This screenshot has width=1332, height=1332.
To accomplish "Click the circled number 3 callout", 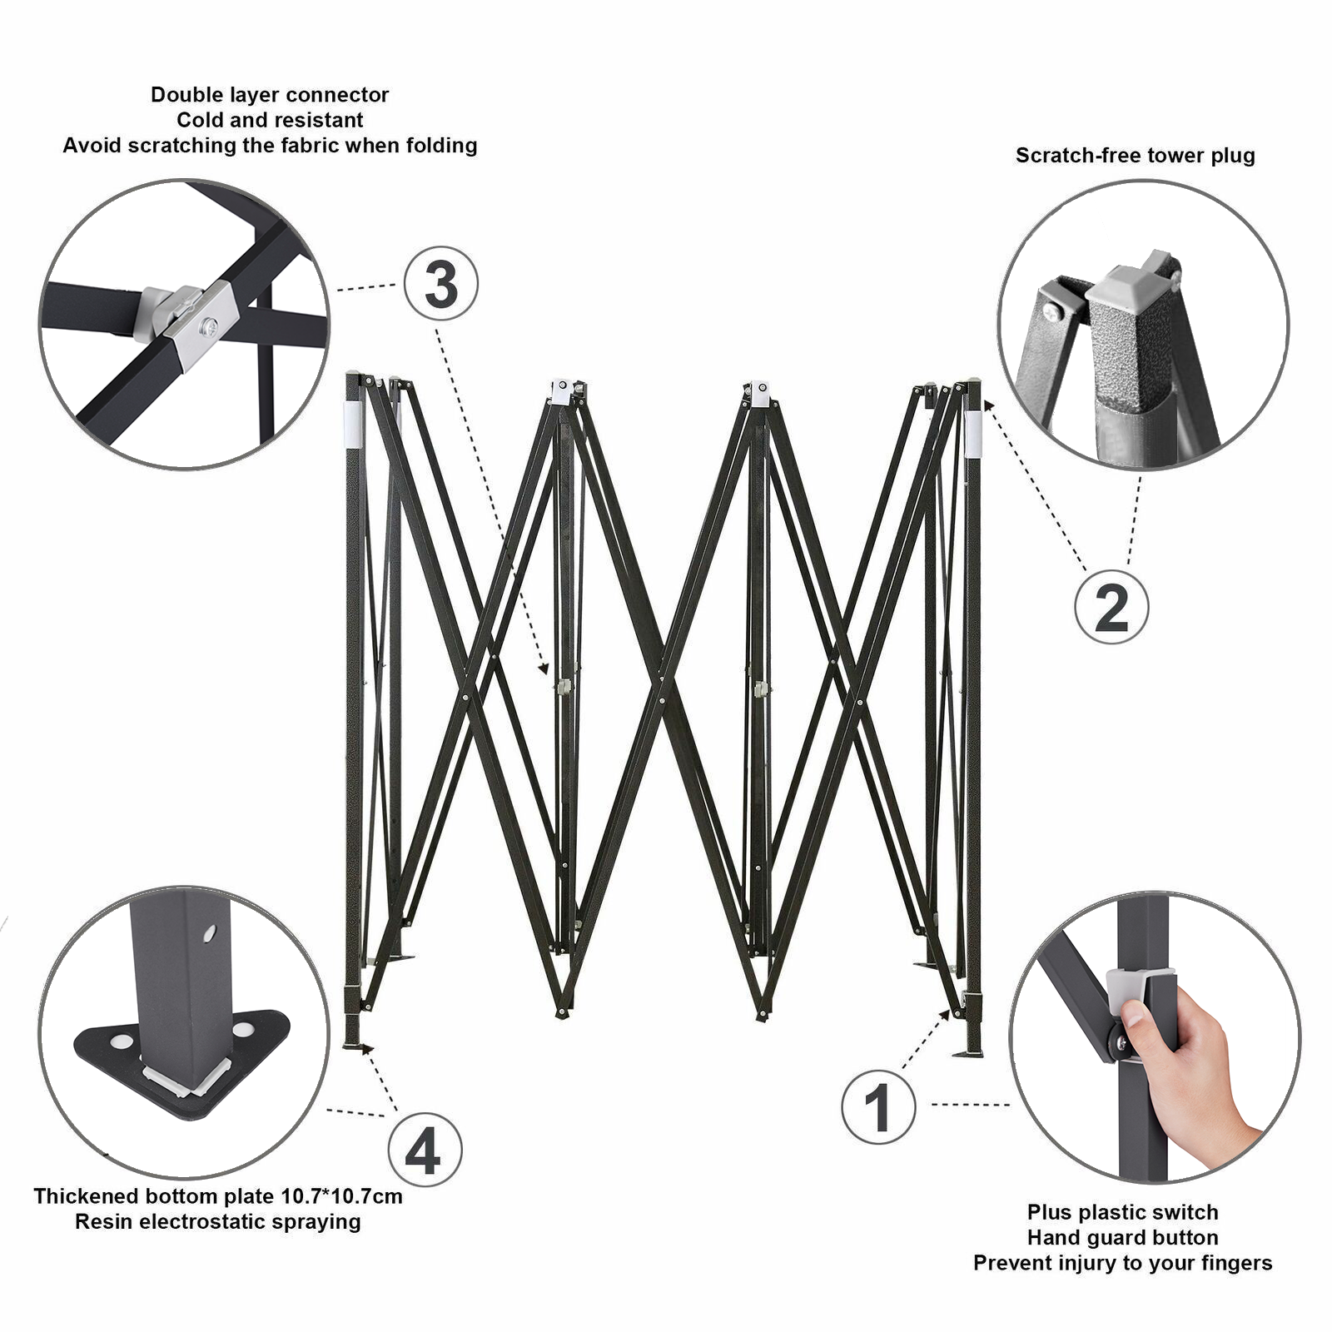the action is pyautogui.click(x=441, y=284).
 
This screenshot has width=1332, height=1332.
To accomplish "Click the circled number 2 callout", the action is pyautogui.click(x=1111, y=607).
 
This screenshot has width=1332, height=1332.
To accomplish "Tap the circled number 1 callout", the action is pyautogui.click(x=878, y=1107).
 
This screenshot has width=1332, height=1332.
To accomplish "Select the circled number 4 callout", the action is pyautogui.click(x=425, y=1152).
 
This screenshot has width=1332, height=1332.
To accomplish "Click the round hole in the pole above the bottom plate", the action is pyautogui.click(x=209, y=932).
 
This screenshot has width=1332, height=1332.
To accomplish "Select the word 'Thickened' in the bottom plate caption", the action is pyautogui.click(x=86, y=1196).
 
